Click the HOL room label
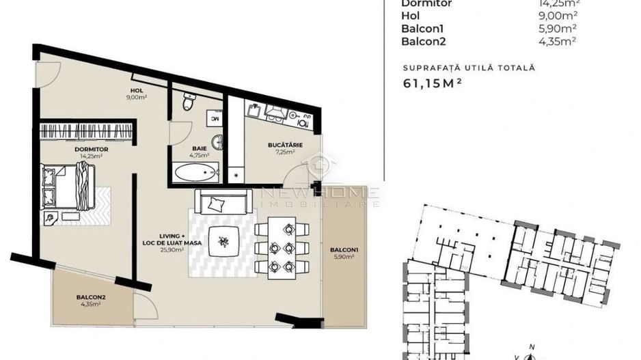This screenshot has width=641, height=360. pos(137,90)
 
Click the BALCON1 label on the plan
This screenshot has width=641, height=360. pos(342,249)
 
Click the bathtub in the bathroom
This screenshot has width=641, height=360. pos(196,171)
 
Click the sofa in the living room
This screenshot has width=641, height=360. pos(222,202)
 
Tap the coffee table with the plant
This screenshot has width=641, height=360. pos(225,241)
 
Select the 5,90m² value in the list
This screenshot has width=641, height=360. pos(558,28)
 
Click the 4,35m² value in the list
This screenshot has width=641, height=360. pos(558,40)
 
